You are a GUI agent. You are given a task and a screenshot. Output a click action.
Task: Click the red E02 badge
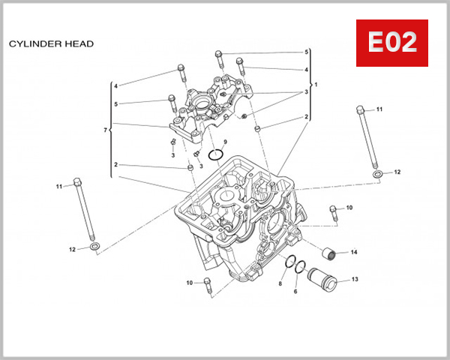click(391, 43)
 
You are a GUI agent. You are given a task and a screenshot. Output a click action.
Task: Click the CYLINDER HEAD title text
click(51, 44)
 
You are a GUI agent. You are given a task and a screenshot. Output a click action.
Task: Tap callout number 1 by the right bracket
click(316, 85)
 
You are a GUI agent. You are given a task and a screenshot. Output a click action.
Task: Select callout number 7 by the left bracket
click(104, 131)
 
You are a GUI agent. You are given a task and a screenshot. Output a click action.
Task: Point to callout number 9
click(224, 142)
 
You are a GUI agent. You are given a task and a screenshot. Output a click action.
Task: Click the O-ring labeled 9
click(216, 155)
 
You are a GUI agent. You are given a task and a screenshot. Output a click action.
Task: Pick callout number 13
click(355, 280)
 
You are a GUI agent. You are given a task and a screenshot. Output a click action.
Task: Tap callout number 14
click(354, 252)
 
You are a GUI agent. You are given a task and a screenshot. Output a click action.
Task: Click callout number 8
click(280, 284)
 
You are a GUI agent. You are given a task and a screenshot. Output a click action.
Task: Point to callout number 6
click(295, 291)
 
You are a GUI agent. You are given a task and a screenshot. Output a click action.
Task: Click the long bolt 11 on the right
click(365, 139)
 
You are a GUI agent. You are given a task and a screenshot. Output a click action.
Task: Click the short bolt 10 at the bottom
click(208, 285)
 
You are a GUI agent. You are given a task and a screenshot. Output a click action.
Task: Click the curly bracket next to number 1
click(310, 85)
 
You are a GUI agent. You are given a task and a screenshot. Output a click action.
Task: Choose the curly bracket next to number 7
click(111, 131)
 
